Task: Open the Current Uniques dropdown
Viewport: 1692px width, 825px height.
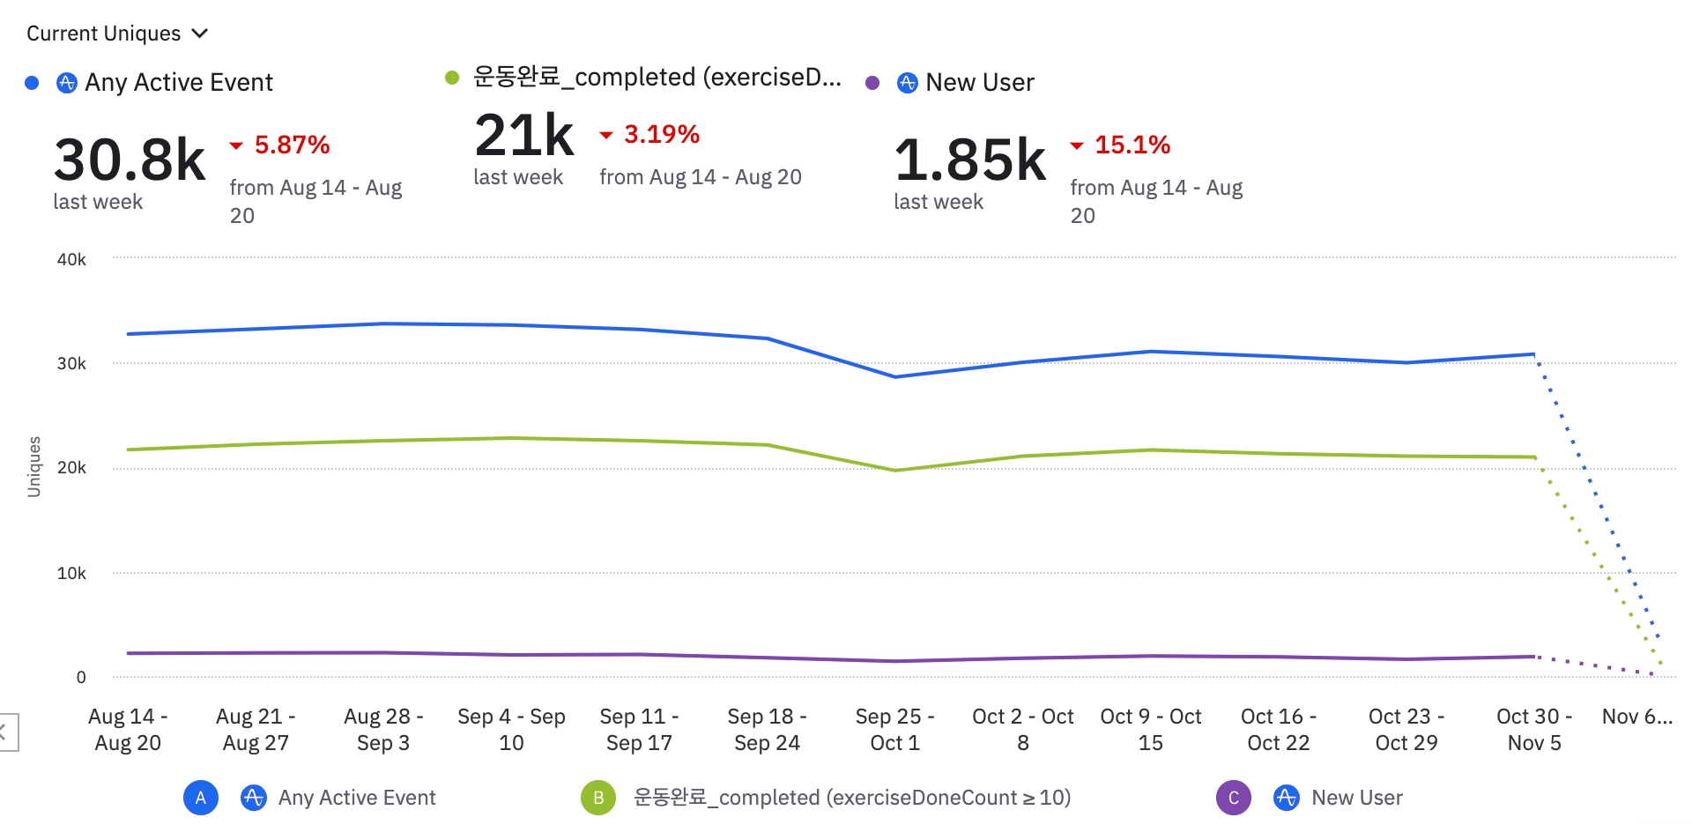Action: tap(116, 33)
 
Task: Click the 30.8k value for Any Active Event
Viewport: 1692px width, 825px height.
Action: tap(130, 160)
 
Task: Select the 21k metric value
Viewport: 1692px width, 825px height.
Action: tap(524, 136)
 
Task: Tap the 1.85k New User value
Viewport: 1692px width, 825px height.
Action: tap(970, 160)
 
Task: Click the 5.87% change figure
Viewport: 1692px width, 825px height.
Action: tap(292, 145)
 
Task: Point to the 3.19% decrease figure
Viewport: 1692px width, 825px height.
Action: tap(661, 134)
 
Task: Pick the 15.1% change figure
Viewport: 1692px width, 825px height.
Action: tap(1132, 145)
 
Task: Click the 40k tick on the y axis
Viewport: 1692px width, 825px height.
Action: tap(71, 259)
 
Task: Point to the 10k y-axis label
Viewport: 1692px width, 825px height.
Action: tap(71, 573)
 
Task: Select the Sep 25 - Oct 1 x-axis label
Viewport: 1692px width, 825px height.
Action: tap(894, 729)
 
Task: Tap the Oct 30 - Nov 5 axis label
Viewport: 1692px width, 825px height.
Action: tap(1534, 729)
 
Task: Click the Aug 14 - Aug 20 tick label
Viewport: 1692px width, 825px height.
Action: tap(128, 729)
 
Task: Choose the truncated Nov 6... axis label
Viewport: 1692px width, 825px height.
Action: tap(1636, 717)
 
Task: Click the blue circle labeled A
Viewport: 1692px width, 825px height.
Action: tap(201, 798)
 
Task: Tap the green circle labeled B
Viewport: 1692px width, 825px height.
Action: tap(598, 798)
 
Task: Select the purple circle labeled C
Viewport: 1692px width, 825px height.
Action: tap(1234, 798)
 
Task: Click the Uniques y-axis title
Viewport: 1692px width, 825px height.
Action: tap(34, 466)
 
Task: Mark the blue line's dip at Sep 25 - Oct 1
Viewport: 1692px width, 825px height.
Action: tap(895, 376)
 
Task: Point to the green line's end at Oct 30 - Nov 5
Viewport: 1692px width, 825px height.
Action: tap(1534, 457)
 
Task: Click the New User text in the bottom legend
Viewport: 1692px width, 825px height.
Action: tap(1356, 798)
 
